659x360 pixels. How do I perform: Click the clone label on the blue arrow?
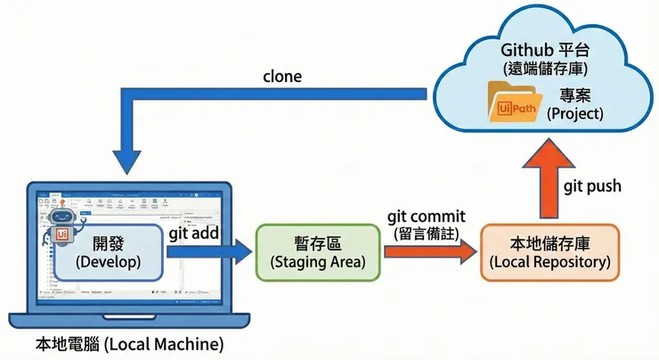[x=282, y=76]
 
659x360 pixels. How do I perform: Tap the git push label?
[x=592, y=185]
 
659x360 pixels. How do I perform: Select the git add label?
[x=194, y=233]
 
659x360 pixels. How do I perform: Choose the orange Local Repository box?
[x=549, y=252]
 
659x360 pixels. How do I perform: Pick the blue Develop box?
[x=110, y=252]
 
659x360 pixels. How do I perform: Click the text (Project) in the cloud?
[x=574, y=113]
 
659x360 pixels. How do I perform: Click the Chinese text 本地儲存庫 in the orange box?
[x=549, y=243]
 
